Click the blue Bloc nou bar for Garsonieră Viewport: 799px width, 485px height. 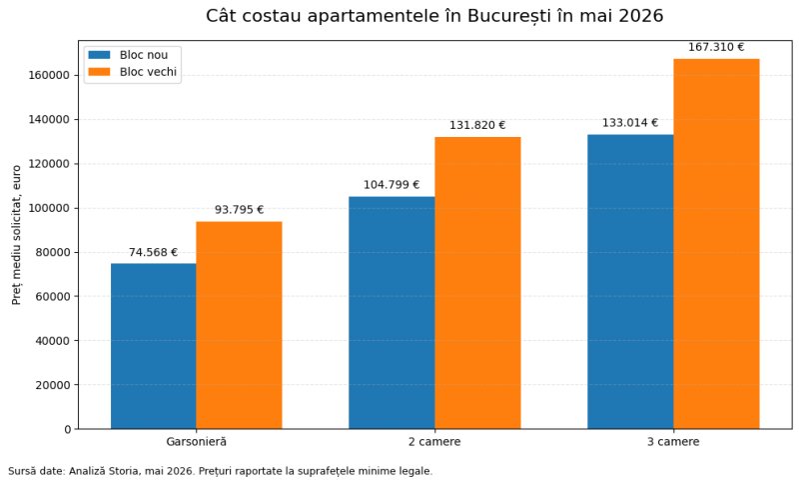coord(154,346)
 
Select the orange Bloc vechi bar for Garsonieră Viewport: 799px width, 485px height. coord(239,325)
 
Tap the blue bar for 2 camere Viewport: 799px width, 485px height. coord(392,313)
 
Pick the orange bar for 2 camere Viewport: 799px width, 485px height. coord(477,283)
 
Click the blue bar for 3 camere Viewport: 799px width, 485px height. coord(630,282)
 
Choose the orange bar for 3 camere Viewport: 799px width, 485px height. coord(716,244)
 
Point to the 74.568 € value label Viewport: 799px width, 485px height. coord(153,252)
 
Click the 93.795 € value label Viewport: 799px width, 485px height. coord(239,210)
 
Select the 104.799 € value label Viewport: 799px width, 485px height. coord(392,185)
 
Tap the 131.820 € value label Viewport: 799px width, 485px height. coord(477,125)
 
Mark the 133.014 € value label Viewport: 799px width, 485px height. coord(630,123)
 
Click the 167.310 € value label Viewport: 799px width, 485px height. coord(716,47)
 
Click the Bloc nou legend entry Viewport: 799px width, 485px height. coord(128,55)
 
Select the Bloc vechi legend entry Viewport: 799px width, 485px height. coord(133,72)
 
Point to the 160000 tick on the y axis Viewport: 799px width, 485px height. coord(49,75)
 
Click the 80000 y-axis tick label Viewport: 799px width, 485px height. coord(53,252)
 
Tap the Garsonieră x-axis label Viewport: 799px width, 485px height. coord(196,442)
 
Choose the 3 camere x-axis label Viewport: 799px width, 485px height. coord(673,442)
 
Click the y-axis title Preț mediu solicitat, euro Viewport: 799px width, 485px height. coord(16,235)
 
